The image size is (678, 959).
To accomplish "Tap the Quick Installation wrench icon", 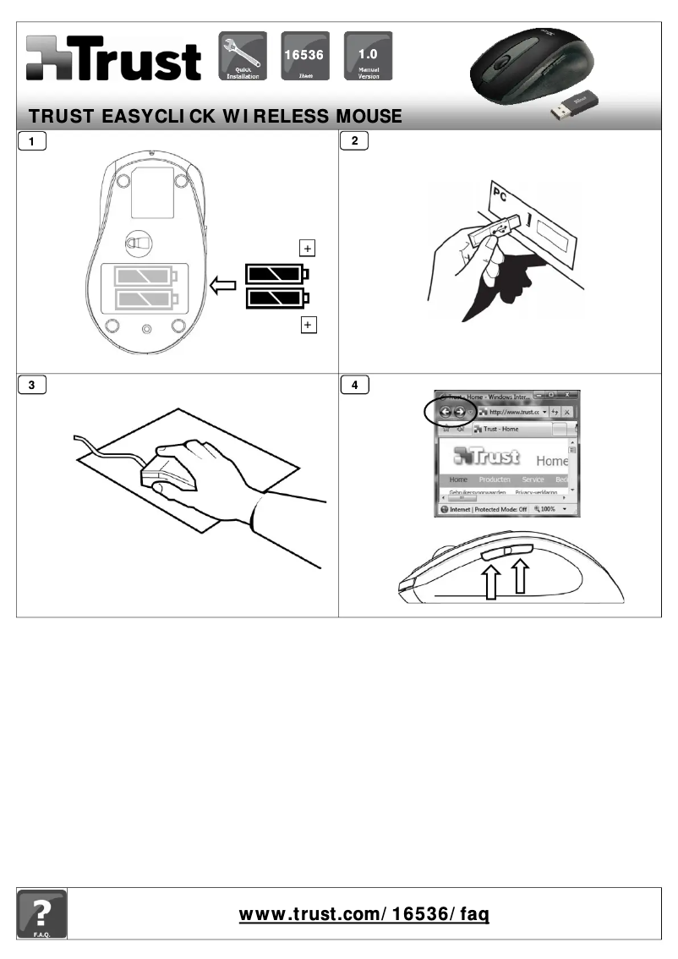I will pyautogui.click(x=243, y=57).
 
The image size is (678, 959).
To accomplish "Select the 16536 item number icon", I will pyautogui.click(x=304, y=57).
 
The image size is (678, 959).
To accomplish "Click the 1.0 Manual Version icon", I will pyautogui.click(x=368, y=57).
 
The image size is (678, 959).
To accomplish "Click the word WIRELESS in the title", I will pyautogui.click(x=276, y=116).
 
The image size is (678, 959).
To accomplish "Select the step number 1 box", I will pyautogui.click(x=32, y=142).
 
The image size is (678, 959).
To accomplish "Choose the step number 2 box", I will pyautogui.click(x=354, y=142).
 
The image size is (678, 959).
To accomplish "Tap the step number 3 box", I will pyautogui.click(x=32, y=386).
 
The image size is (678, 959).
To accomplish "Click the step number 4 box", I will pyautogui.click(x=354, y=386).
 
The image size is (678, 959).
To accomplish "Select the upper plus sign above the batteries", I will pyautogui.click(x=308, y=248).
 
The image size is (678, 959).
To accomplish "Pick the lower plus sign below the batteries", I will pyautogui.click(x=308, y=326).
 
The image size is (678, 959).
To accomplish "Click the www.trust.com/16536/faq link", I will pyautogui.click(x=364, y=914).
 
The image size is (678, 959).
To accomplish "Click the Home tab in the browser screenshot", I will pyautogui.click(x=457, y=479).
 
